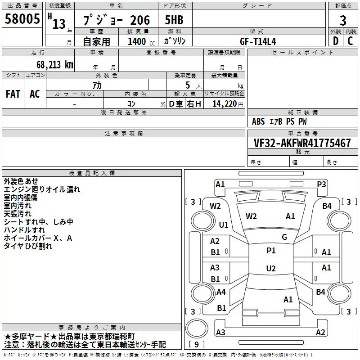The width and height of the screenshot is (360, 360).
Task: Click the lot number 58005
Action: coord(22,19)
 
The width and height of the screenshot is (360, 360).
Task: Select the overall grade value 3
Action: coord(343,20)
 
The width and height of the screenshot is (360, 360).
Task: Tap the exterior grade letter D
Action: coord(336,41)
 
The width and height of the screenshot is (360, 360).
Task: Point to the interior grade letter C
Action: coord(350,41)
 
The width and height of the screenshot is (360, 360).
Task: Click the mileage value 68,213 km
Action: coord(55,65)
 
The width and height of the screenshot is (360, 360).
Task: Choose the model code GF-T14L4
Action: coord(258,41)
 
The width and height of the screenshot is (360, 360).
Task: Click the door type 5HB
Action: coord(174,20)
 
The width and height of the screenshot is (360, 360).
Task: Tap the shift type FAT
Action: coord(13,94)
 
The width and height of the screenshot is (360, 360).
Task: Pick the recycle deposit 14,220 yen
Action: coord(228,104)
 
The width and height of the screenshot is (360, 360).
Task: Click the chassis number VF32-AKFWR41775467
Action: coord(302,143)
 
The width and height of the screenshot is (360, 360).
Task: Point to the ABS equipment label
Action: coord(258,121)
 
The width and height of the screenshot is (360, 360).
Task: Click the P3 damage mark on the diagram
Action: coord(321,184)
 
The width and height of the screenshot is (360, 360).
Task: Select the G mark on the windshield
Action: coord(284,237)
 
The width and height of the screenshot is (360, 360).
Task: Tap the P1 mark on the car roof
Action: coord(271,251)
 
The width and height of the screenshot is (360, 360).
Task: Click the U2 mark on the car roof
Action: coord(271,268)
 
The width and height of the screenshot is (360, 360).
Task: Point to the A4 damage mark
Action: coord(221,292)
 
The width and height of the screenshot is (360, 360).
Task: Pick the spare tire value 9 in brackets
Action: coord(196,344)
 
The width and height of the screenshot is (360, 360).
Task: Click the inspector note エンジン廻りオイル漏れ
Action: coord(42,189)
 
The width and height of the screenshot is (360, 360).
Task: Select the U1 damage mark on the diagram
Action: coord(224,225)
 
